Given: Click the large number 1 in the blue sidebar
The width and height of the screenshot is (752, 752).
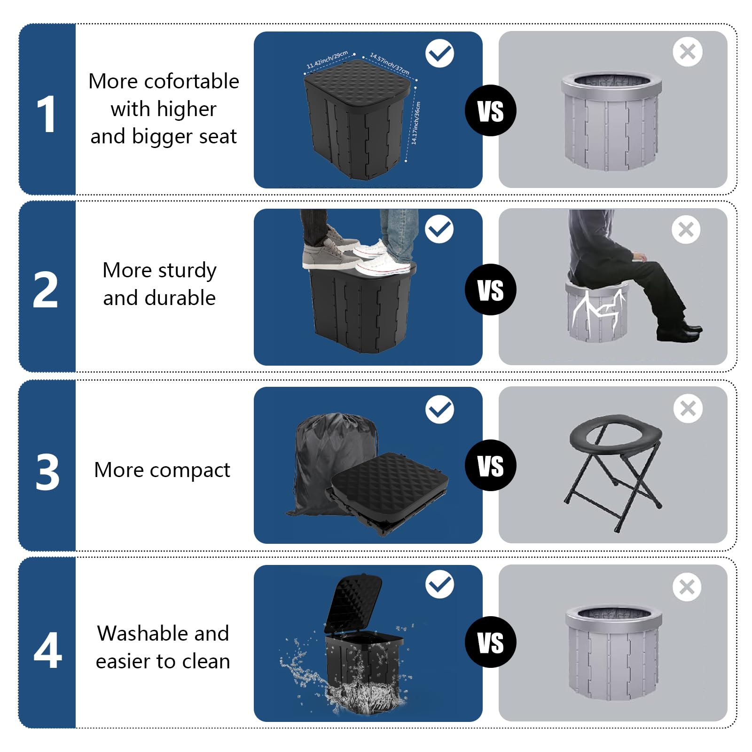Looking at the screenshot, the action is (47, 114).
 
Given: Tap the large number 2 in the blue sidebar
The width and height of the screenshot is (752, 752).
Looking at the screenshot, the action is (46, 290).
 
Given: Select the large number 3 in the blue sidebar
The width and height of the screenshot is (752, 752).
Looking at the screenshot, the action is (47, 472).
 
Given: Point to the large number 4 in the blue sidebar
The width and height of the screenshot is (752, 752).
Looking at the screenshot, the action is (47, 650).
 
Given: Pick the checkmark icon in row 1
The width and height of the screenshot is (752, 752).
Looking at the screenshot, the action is (439, 53).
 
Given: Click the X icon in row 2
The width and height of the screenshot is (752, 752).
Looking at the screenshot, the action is (686, 229).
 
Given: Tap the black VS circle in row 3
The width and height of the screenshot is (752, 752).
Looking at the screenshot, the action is (490, 465).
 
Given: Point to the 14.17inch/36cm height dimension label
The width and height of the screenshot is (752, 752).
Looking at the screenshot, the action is (415, 123).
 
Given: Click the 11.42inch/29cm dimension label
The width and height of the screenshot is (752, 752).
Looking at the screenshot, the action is (327, 60).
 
